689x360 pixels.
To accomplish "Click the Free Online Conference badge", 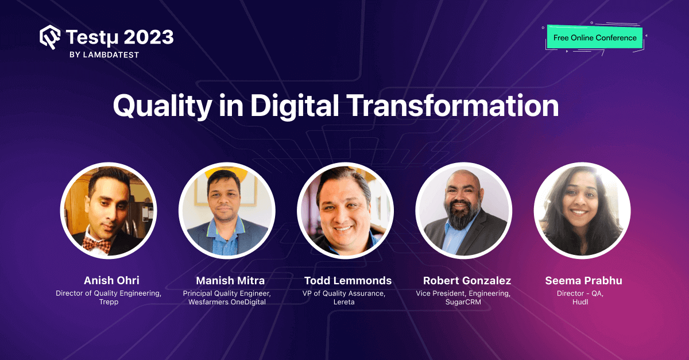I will click(x=595, y=38).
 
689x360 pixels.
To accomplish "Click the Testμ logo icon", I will click(x=50, y=38).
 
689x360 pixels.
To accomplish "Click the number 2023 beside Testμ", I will click(x=144, y=37).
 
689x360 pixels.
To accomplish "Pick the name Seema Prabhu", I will click(x=583, y=281).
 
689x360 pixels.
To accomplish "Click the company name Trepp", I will click(x=109, y=302).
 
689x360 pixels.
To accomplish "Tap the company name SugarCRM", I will click(x=463, y=302).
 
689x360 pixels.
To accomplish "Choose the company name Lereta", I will click(x=344, y=302).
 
